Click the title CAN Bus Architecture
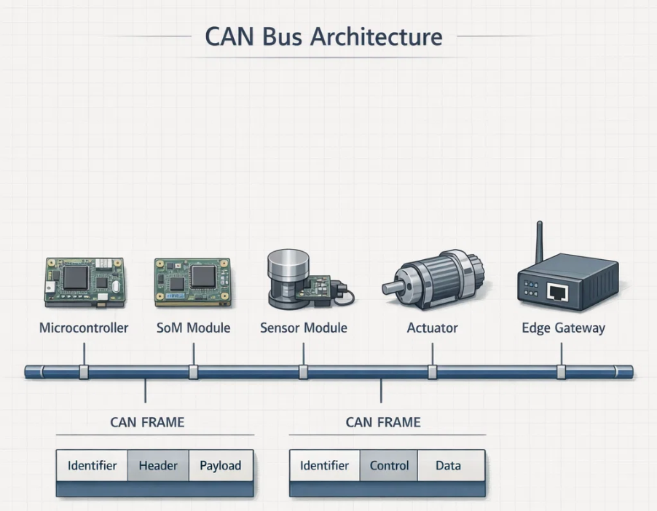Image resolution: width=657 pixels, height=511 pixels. point(323,36)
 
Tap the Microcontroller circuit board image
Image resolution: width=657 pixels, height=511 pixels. point(82,281)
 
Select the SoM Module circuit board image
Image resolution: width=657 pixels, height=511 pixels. point(192,282)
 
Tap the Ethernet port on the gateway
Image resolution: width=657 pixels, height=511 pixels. point(559,292)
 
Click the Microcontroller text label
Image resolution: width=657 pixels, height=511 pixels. point(83,328)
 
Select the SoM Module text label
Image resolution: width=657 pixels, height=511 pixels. point(193,328)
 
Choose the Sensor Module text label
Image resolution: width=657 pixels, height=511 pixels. point(304,328)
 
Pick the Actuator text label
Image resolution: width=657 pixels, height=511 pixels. point(432,328)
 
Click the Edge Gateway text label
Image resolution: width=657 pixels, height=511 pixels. point(563,328)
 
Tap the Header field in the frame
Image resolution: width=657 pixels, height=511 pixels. point(158,466)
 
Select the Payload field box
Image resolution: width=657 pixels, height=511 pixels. point(221,466)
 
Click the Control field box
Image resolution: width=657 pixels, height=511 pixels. point(389,466)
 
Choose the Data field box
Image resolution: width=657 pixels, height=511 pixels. point(448,466)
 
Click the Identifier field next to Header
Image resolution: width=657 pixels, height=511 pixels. point(93,466)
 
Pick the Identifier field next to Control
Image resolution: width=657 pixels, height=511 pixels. point(325,466)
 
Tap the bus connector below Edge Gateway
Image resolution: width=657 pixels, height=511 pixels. point(562,373)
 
